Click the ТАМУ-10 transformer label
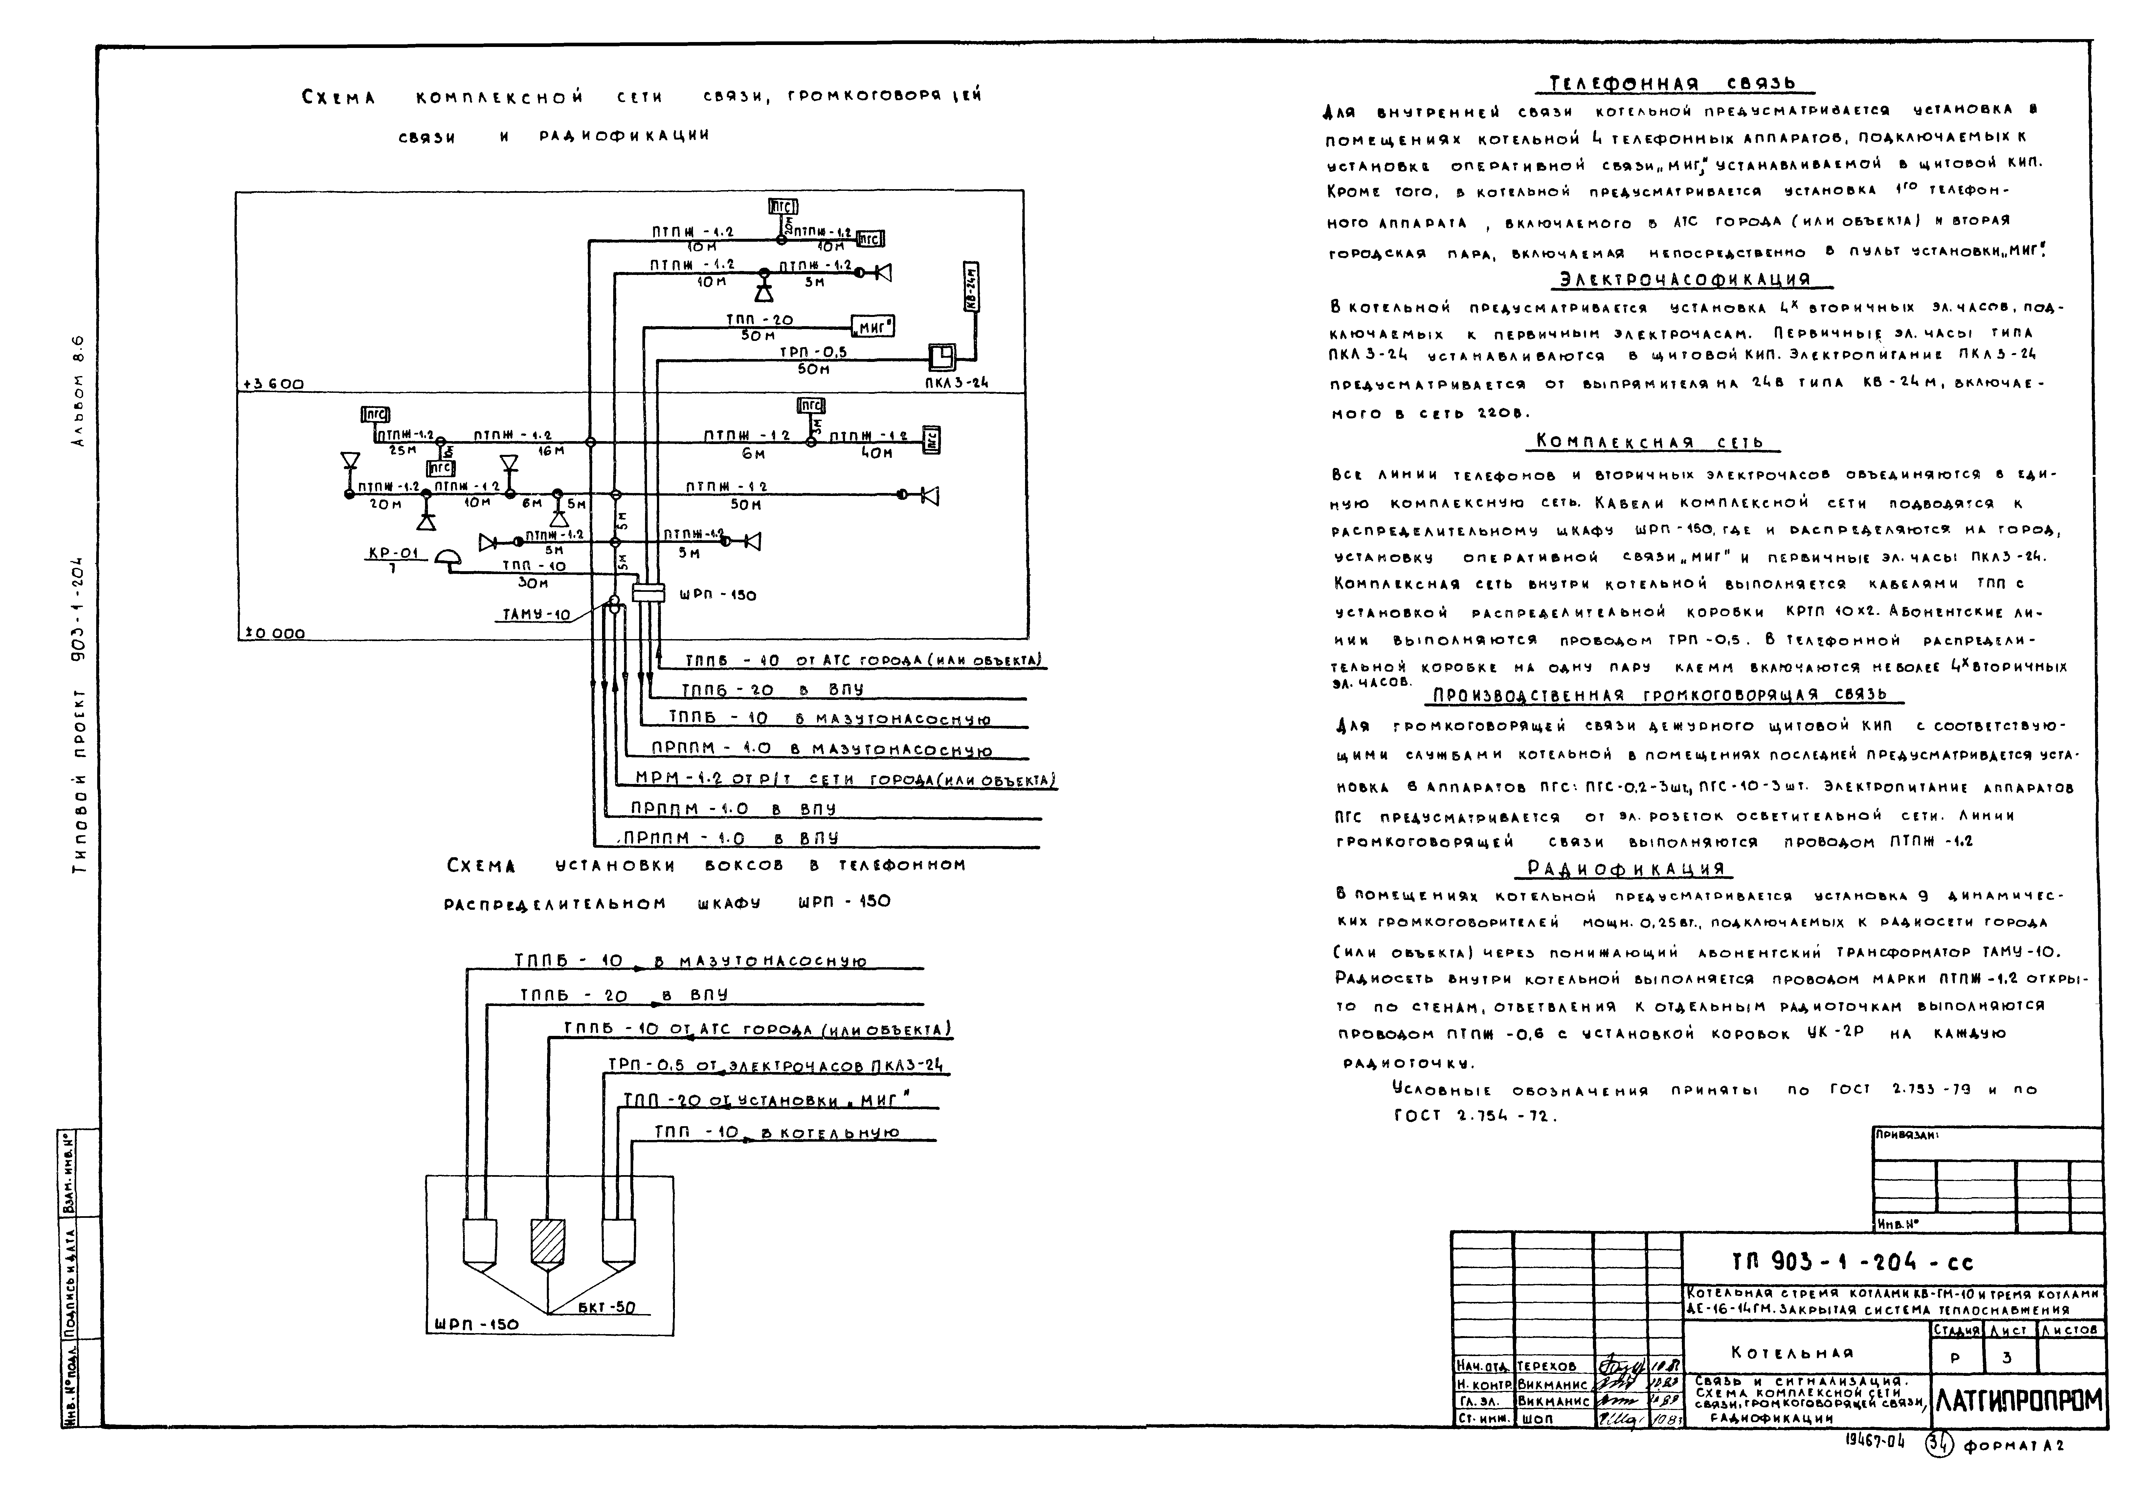click(536, 615)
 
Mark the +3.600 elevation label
click(273, 384)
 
